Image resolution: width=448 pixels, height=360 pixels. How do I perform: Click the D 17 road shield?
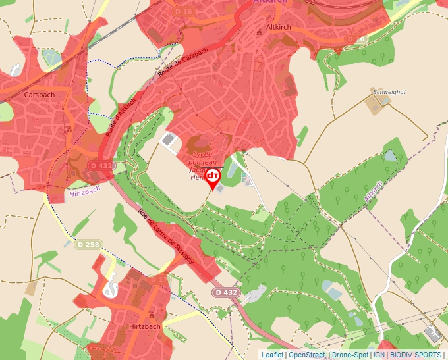[x=158, y=280]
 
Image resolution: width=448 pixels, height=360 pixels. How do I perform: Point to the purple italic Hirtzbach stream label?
[x=85, y=194]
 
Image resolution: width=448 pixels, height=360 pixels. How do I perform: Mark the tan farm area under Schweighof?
[x=374, y=105]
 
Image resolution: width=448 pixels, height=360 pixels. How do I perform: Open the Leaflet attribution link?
[x=272, y=355]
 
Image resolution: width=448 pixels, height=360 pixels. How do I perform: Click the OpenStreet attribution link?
[x=306, y=355]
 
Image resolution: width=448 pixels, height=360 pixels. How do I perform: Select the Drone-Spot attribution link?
[x=349, y=355]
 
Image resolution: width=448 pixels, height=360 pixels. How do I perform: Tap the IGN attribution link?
[x=379, y=355]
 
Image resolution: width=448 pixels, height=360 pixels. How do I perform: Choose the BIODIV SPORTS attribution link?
[x=416, y=355]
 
